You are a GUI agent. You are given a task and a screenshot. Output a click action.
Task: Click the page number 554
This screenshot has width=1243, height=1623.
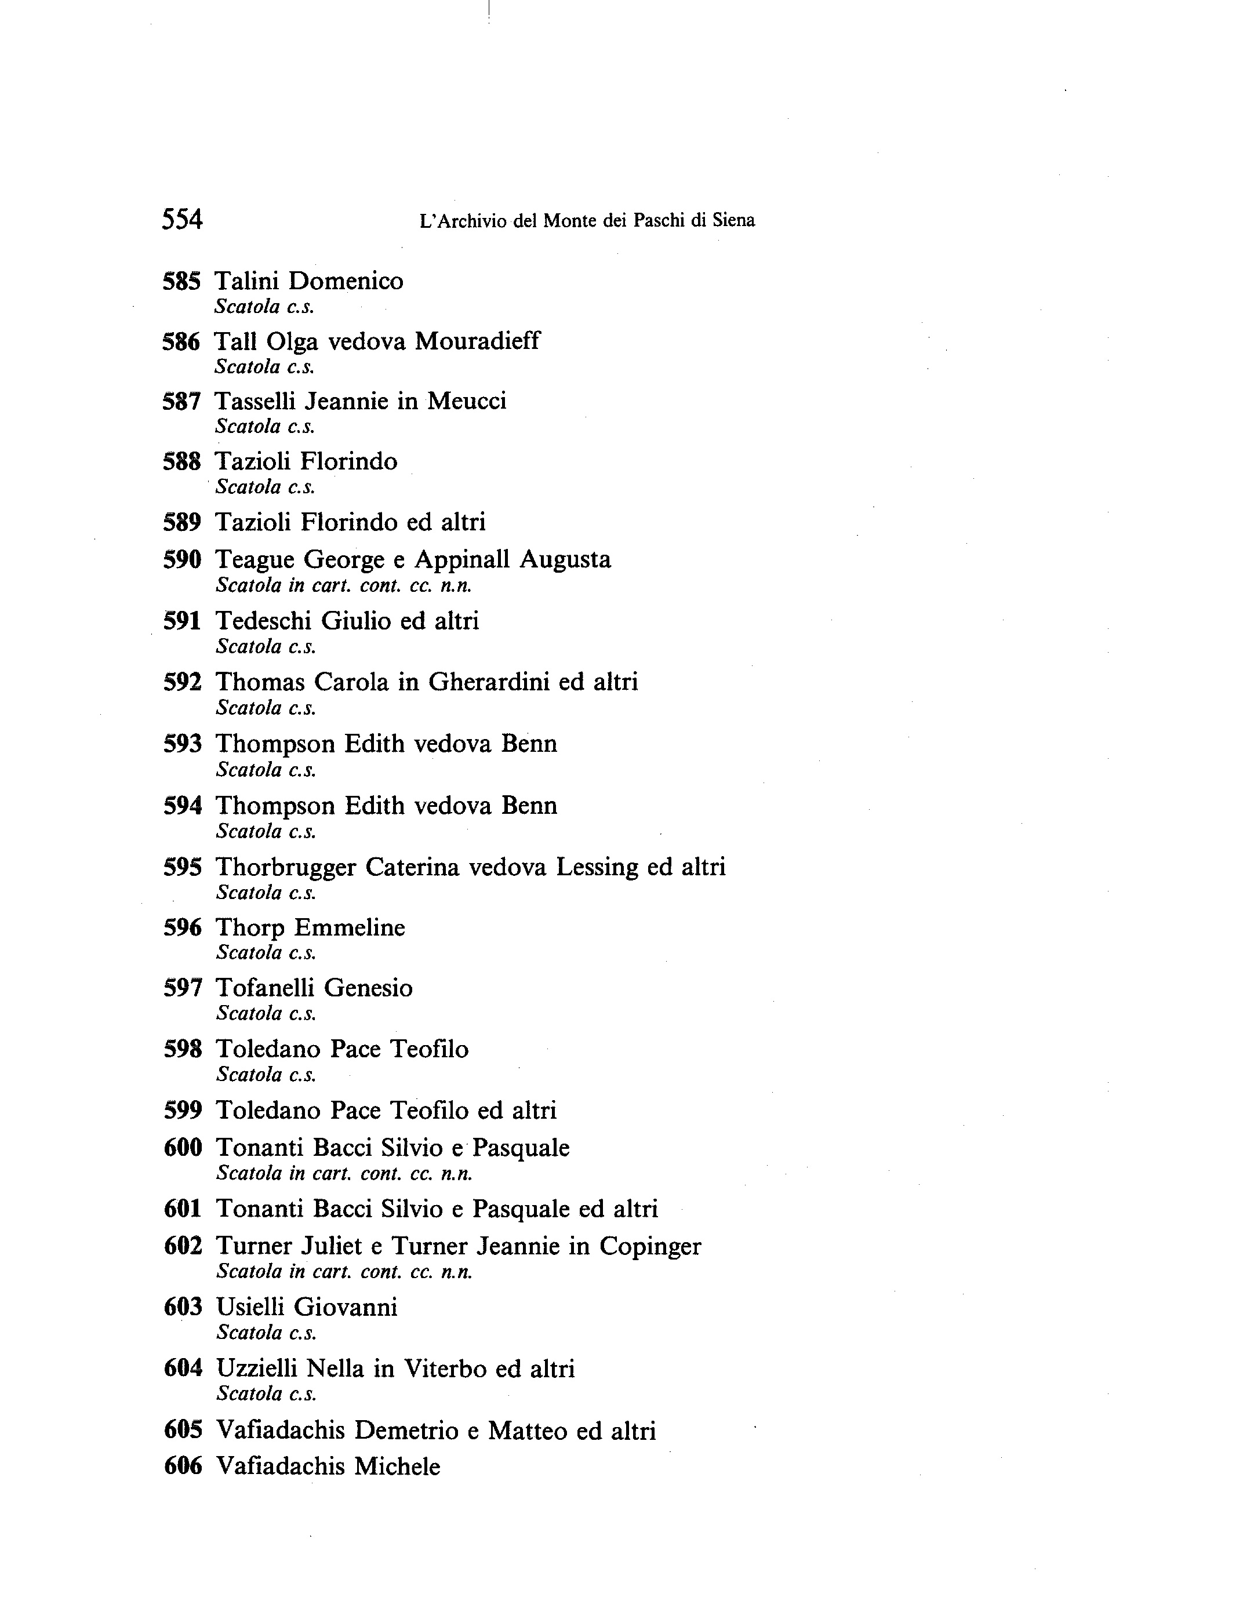click(x=182, y=220)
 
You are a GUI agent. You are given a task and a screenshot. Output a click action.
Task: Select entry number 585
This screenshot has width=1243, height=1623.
click(x=182, y=281)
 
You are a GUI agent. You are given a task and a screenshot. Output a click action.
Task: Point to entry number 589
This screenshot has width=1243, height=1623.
click(x=182, y=522)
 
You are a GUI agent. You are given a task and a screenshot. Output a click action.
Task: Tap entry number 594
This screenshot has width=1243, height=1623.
click(x=183, y=805)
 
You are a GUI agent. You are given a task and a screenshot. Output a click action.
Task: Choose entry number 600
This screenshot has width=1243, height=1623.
click(x=183, y=1148)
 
